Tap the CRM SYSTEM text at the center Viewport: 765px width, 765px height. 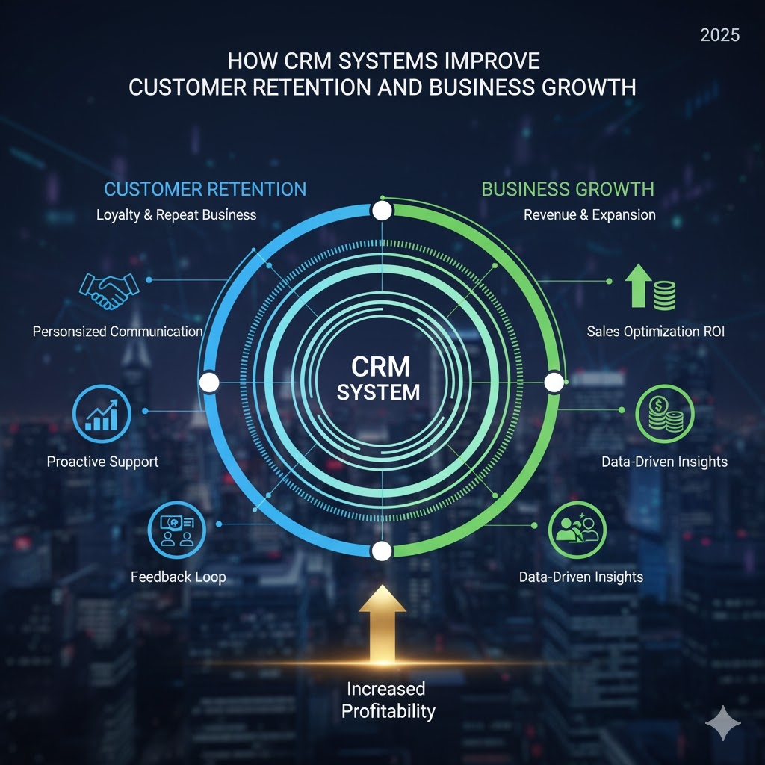pyautogui.click(x=379, y=379)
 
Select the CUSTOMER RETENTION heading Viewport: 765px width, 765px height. pyautogui.click(x=205, y=189)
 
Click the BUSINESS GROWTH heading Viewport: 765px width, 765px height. pyautogui.click(x=568, y=189)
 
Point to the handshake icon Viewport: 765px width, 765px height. pyautogui.click(x=109, y=291)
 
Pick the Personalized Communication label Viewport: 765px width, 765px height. pyautogui.click(x=117, y=331)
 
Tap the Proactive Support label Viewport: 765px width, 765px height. pyautogui.click(x=102, y=461)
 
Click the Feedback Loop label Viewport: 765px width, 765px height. pyautogui.click(x=178, y=577)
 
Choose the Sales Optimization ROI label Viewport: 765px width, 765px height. pyautogui.click(x=655, y=331)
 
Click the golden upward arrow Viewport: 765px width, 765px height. pyautogui.click(x=382, y=624)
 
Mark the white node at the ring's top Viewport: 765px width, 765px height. pyautogui.click(x=382, y=211)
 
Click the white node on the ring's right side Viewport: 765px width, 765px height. pyautogui.click(x=554, y=382)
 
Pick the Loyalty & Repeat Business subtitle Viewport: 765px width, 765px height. pyautogui.click(x=176, y=215)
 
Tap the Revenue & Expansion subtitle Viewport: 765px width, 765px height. pyautogui.click(x=589, y=215)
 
